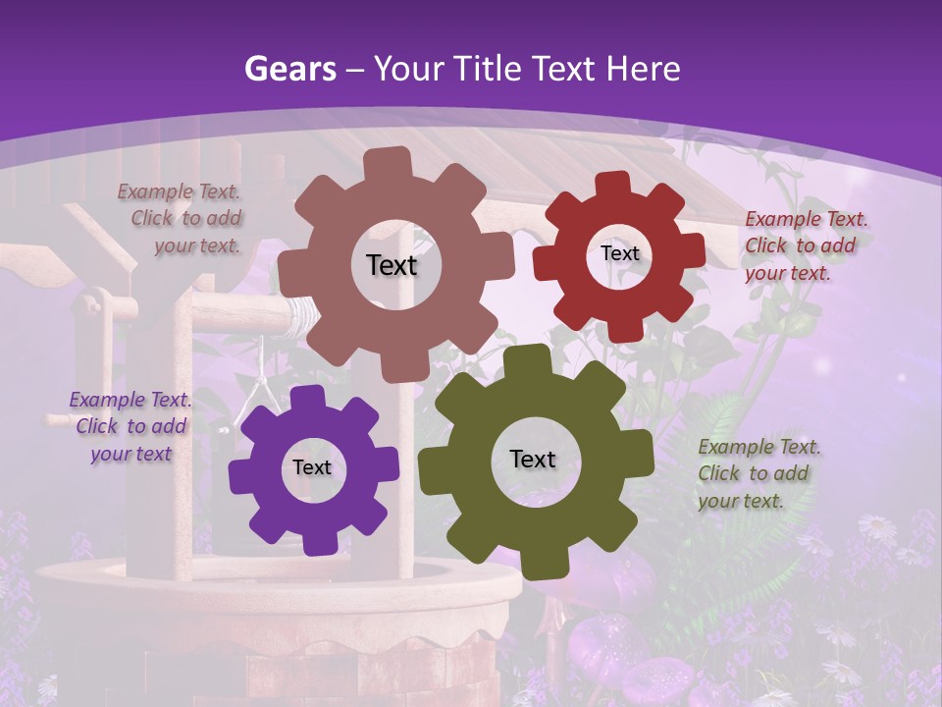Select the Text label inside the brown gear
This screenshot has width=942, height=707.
(x=392, y=265)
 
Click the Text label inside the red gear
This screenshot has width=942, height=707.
(x=619, y=253)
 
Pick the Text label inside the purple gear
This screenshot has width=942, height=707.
(x=312, y=467)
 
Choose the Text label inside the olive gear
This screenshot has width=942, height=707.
(x=533, y=459)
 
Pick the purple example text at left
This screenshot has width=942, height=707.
(x=131, y=426)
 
